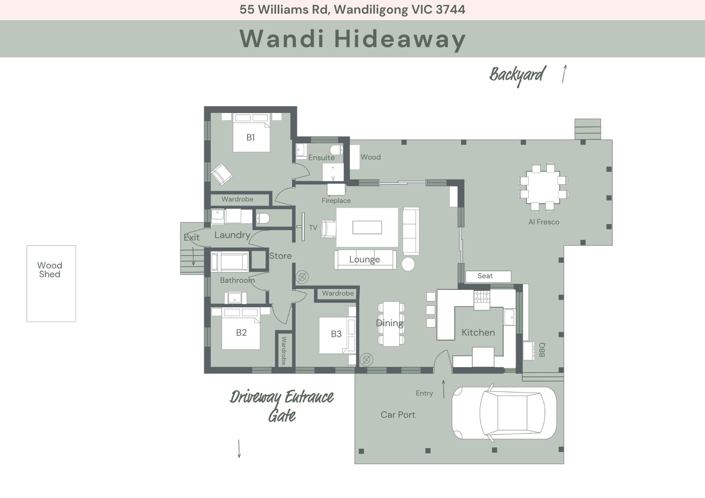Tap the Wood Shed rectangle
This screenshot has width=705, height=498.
click(51, 284)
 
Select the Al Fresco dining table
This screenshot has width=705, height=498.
click(543, 187)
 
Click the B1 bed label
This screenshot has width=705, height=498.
click(250, 138)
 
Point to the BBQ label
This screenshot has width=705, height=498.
click(542, 350)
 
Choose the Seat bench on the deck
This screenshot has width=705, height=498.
click(488, 276)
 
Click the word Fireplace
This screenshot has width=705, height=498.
click(336, 201)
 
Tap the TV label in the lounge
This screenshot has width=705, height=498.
click(313, 228)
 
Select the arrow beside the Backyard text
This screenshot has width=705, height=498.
click(564, 74)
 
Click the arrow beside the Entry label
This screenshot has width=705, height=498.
click(444, 389)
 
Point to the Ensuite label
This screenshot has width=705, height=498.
click(321, 158)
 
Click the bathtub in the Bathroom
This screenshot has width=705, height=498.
click(230, 262)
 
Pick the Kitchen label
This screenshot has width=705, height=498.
click(478, 332)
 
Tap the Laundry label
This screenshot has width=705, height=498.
click(232, 235)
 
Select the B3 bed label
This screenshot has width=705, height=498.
click(336, 334)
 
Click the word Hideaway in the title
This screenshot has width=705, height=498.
click(400, 39)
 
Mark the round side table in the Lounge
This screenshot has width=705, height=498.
click(408, 264)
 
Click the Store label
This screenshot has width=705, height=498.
click(281, 256)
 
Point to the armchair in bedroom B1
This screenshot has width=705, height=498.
click(221, 174)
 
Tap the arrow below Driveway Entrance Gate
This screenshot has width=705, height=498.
click(239, 448)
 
